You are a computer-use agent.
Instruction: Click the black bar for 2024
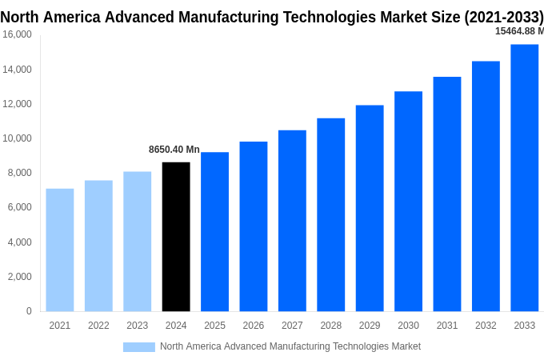coord(176,237)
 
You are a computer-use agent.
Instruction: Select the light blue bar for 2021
coord(60,250)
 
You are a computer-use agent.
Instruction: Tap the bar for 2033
coord(524,178)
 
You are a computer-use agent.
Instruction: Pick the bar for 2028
coord(330,214)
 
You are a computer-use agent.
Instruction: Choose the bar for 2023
coord(137,242)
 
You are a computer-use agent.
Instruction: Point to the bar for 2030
coord(408,202)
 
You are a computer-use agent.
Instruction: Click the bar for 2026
coord(254,226)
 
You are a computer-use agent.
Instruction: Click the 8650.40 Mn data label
coord(174,150)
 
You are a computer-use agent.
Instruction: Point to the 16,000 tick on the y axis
coord(17,35)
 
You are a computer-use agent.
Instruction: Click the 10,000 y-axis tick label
coord(17,138)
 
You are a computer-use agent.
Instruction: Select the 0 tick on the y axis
coord(29,311)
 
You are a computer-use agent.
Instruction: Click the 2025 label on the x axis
coord(214,326)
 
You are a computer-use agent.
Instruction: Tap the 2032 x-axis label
coord(486,326)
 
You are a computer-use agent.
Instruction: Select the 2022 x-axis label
coord(98,326)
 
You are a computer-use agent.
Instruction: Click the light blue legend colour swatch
coord(138,346)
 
